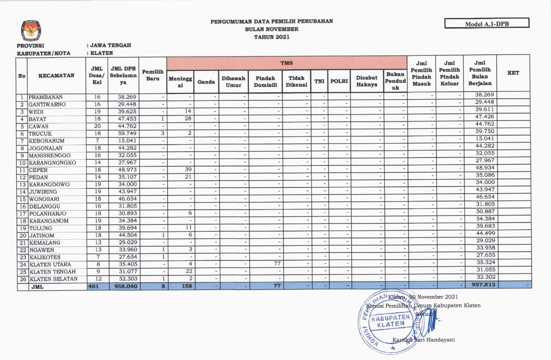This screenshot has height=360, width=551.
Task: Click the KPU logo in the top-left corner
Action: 31,30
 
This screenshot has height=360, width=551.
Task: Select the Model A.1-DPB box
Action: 487,24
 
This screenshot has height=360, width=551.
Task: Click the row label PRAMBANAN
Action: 46,97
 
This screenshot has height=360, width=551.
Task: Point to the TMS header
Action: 286,63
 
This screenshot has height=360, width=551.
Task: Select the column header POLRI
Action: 339,82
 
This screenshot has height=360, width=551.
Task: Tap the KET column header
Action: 513,73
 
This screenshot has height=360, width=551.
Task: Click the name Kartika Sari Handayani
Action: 423,340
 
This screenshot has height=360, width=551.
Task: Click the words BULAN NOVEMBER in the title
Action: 272,29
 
